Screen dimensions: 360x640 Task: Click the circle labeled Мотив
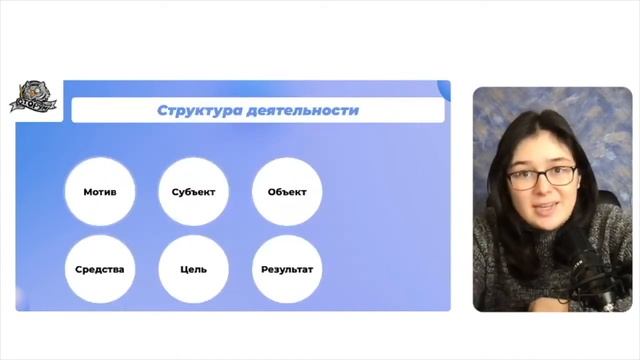(98, 192)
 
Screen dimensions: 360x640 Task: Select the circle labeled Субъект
(193, 192)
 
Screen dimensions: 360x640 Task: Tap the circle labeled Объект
(287, 192)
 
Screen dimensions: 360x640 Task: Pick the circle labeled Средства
(98, 269)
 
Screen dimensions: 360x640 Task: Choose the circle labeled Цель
(193, 269)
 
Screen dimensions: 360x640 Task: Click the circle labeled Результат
(287, 269)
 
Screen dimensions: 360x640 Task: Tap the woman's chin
(545, 226)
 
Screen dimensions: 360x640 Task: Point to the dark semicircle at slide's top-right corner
(444, 90)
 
